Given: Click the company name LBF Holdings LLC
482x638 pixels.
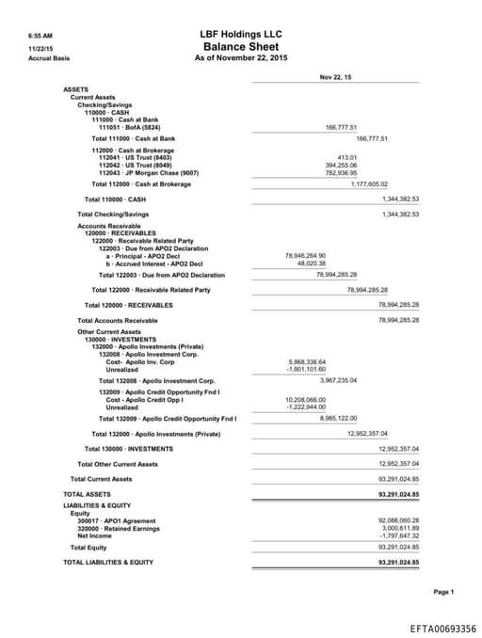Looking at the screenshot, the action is tap(240, 34).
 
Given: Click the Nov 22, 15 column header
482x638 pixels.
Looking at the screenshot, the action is tap(335, 76).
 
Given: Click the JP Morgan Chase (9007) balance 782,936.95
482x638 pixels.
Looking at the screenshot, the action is tap(341, 173).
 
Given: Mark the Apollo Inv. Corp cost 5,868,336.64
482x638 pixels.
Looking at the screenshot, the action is tap(305, 361).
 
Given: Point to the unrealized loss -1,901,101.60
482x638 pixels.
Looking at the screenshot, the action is tap(305, 370).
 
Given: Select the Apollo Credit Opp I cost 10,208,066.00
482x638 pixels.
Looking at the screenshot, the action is tap(305, 399).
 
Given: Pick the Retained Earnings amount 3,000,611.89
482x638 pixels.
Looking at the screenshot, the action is tap(400, 528).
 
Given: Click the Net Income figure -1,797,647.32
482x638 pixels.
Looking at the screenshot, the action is tap(398, 535).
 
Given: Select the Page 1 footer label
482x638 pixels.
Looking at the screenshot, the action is tap(443, 592).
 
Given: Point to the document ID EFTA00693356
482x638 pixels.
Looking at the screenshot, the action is tap(442, 628).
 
